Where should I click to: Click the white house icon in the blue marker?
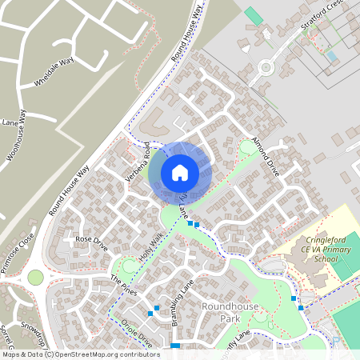pos(180,172)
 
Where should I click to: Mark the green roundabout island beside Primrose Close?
pos(35,278)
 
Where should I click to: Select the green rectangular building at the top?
pos(254,15)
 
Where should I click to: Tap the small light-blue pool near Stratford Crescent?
pos(331,56)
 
